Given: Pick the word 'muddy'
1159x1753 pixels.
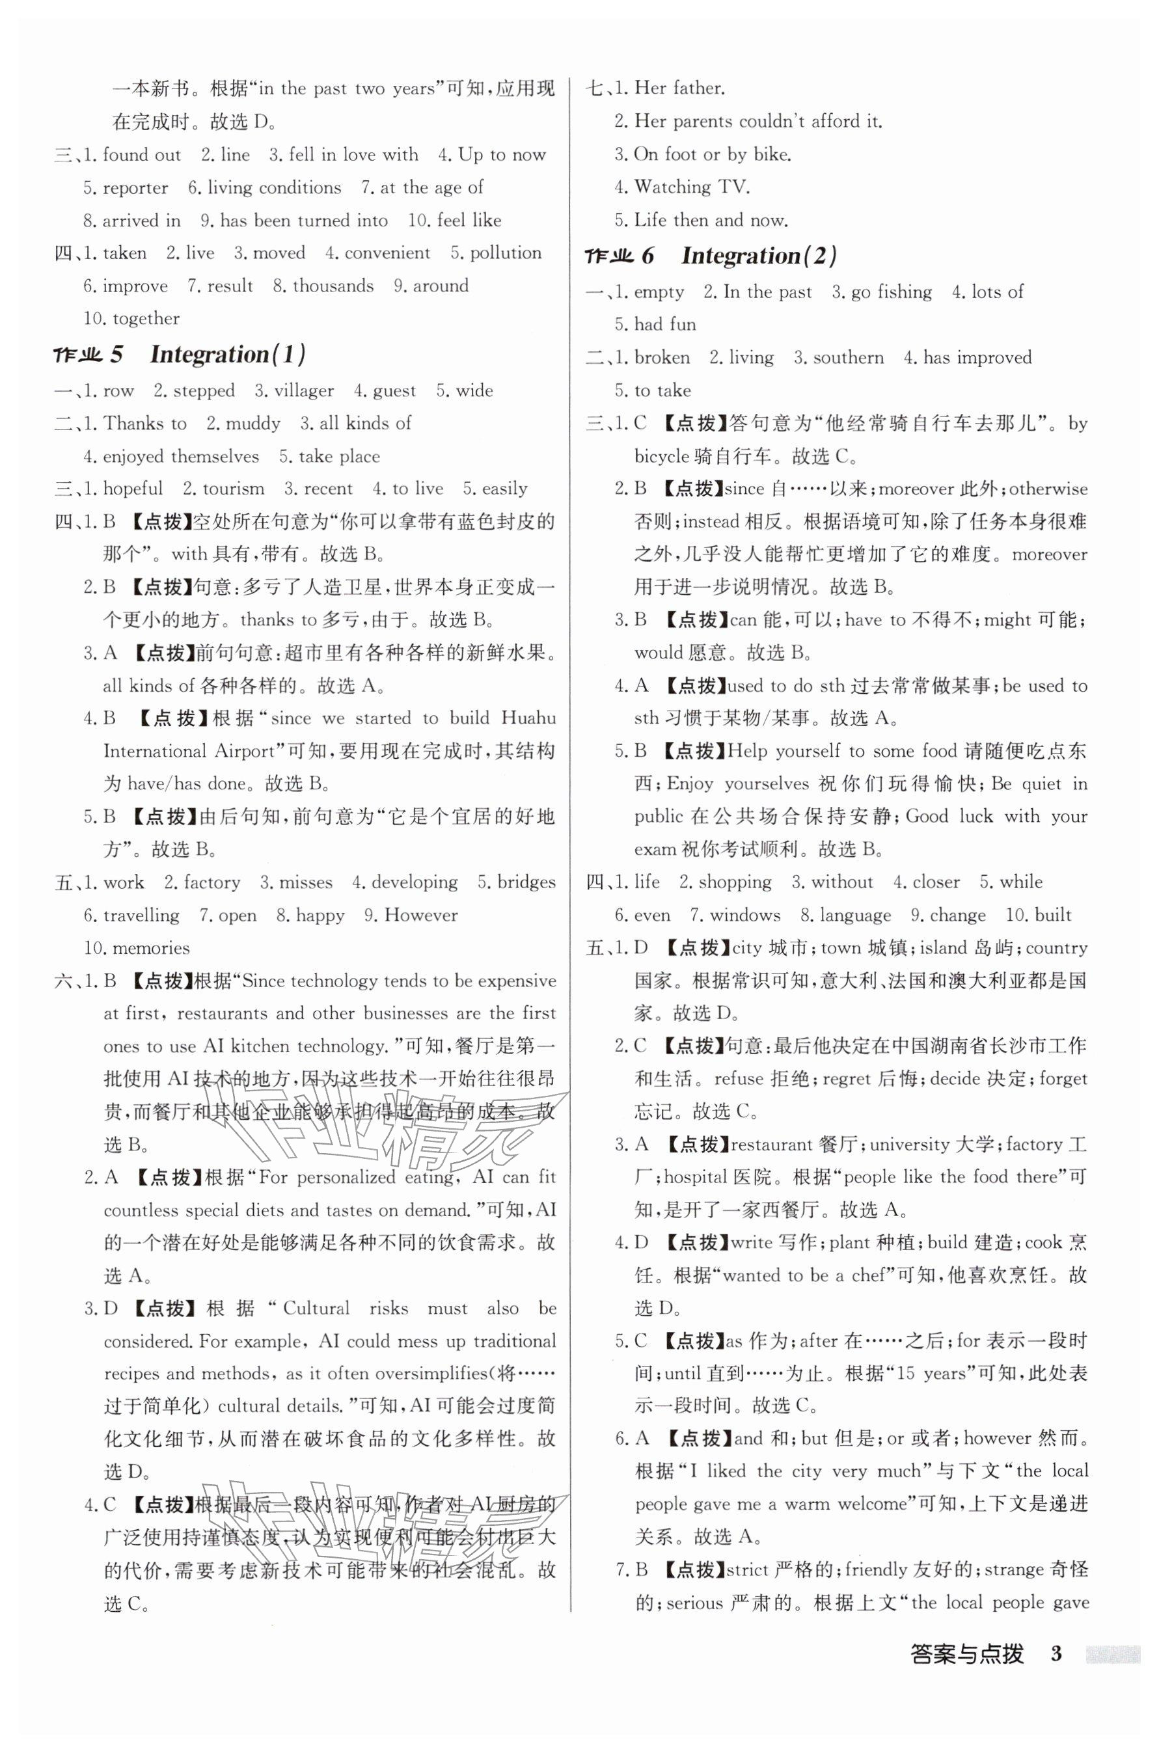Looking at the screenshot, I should click(252, 424).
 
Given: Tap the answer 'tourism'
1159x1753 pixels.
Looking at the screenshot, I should click(234, 489).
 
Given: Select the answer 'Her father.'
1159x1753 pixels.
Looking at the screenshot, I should click(679, 88).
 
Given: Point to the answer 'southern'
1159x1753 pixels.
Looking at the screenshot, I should click(848, 358).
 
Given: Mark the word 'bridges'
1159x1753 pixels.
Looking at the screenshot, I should click(526, 882).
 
